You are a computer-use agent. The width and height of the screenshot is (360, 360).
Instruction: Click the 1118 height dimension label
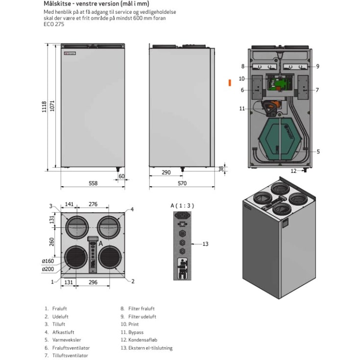(x=44, y=107)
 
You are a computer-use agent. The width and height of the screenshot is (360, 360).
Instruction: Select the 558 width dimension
(x=93, y=183)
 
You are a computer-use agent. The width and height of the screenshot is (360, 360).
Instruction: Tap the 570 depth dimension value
(x=182, y=183)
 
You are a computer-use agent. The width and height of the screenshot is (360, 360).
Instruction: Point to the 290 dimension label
(x=166, y=172)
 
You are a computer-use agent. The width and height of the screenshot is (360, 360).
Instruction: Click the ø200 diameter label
(x=48, y=269)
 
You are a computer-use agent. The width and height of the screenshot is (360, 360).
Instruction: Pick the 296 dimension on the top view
(x=93, y=282)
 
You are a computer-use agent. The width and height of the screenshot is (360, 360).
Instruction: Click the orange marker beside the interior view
(x=230, y=83)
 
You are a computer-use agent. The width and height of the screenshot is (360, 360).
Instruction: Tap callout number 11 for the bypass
(x=242, y=108)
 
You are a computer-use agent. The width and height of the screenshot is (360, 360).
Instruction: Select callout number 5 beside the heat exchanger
(x=318, y=151)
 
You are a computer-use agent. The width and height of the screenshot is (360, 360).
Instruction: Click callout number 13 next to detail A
(x=205, y=244)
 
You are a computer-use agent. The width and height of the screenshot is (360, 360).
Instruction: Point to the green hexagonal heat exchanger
(x=280, y=140)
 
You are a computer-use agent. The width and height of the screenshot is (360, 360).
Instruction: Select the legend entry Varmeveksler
(x=67, y=340)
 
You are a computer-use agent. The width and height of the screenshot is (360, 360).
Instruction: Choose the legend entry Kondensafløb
(x=143, y=340)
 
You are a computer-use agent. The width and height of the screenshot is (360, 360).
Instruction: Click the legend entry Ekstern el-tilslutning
(x=150, y=348)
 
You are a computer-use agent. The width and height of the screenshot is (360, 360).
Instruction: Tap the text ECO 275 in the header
(x=54, y=24)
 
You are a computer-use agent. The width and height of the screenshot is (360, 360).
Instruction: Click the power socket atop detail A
(x=182, y=216)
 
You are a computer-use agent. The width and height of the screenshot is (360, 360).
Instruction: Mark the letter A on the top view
(x=101, y=243)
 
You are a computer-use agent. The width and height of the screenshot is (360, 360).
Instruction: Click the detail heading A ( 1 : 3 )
(x=182, y=206)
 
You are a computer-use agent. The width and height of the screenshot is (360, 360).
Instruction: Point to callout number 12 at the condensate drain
(x=293, y=171)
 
